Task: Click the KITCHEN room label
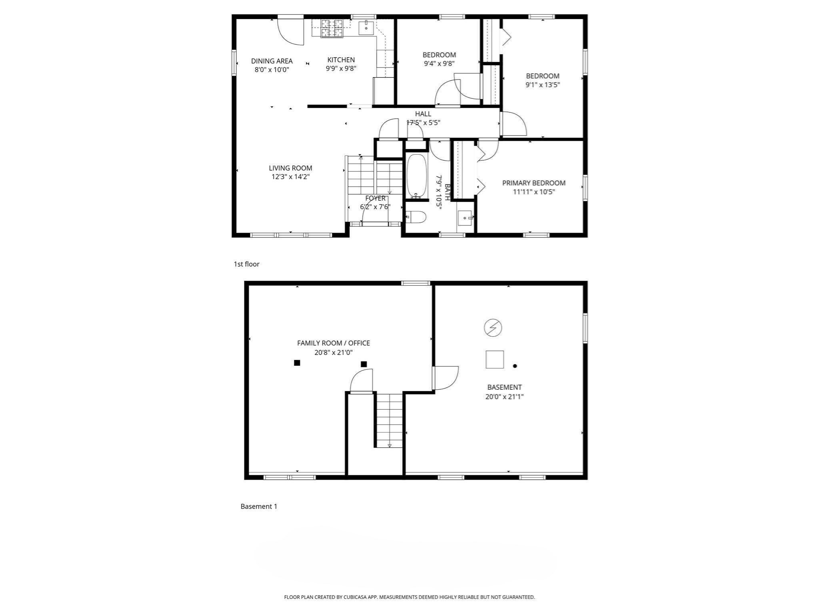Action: [341, 60]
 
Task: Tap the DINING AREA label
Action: [272, 61]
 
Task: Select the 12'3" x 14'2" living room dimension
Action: [290, 177]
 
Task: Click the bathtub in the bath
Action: [417, 176]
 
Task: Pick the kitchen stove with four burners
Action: [332, 29]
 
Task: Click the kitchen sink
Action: [366, 28]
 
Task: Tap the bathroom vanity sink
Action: [465, 218]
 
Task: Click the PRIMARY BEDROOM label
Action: [533, 183]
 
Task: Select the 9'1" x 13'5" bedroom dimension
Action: [542, 85]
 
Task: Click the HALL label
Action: [423, 114]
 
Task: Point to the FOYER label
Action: [375, 198]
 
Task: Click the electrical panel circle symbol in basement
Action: [493, 328]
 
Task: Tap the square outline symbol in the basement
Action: [494, 359]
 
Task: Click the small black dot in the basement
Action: [515, 366]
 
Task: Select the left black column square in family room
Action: [297, 363]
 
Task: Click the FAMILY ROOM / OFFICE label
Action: [333, 343]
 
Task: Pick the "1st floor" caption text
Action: [246, 264]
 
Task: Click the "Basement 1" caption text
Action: [259, 506]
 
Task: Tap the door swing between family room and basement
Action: [445, 378]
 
